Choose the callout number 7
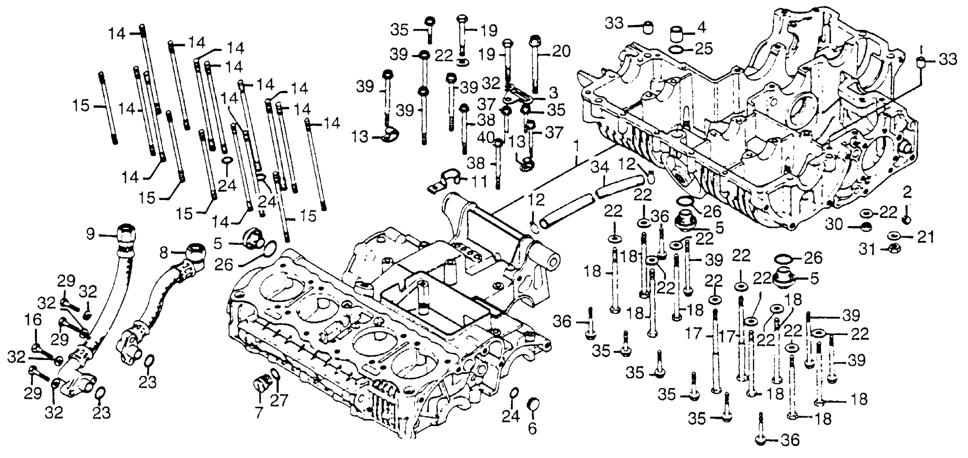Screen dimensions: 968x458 coord(259,412)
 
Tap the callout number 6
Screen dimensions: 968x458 coord(533,428)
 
